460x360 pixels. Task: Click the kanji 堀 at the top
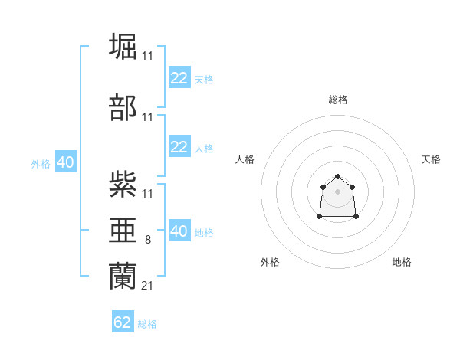coord(123,45)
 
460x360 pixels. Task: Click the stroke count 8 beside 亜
coord(149,239)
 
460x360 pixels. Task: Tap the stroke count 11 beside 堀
coord(148,56)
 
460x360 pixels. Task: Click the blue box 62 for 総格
coord(123,322)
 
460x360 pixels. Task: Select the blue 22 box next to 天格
coord(179,77)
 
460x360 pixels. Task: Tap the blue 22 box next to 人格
coord(179,147)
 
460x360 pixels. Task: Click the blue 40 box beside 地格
coord(179,231)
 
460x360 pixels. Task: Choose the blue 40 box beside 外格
coord(65,162)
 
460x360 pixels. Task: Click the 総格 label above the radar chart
coord(338,100)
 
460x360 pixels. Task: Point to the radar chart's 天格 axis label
coord(431,159)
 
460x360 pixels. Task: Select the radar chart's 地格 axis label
coord(402,262)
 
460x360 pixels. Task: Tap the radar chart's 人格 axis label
coord(245,159)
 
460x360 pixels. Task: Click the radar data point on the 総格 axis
coord(337,176)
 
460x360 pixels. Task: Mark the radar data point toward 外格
coord(320,217)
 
